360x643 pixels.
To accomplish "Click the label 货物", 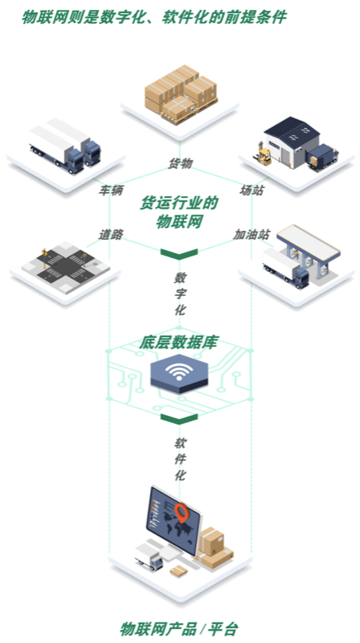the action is click(180, 163).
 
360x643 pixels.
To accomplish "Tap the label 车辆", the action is click(110, 190).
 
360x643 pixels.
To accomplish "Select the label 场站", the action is click(251, 190).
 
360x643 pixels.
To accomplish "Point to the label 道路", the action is click(110, 234).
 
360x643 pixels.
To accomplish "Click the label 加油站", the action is click(252, 234).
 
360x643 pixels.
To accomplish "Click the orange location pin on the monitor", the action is click(181, 513).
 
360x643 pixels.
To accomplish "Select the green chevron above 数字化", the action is click(180, 253).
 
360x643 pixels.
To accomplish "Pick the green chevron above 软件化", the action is click(180, 419).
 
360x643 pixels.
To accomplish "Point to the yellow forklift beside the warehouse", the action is click(264, 155).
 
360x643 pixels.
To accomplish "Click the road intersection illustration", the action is click(66, 266).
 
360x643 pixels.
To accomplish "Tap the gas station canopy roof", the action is click(308, 241).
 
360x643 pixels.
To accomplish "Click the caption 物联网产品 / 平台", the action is click(180, 628).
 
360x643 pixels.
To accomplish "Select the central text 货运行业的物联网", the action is click(180, 212).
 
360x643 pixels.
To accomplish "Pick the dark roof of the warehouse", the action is click(292, 129).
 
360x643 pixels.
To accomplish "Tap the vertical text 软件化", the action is click(180, 459).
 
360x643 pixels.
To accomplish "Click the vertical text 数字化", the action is click(180, 294).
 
